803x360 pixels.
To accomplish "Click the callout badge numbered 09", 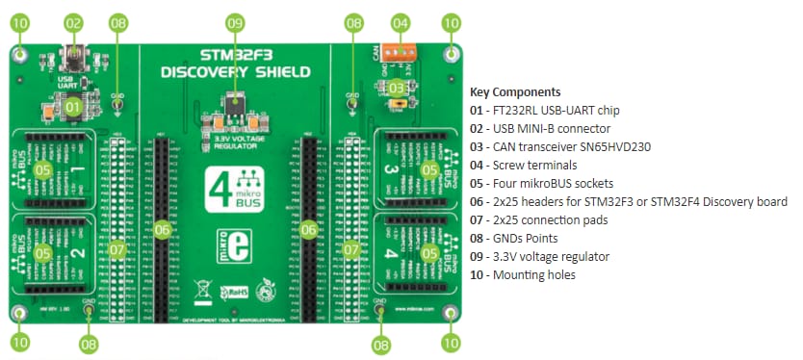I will coord(235,21).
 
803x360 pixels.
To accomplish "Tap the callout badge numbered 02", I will coord(73,21).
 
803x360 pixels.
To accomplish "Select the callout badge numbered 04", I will coord(401,21).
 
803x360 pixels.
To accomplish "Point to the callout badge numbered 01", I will coord(73,108).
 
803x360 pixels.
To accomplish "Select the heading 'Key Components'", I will coord(514,91).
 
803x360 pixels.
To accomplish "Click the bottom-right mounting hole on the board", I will coord(449,314).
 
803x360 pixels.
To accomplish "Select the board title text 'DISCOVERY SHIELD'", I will coord(235,71).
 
